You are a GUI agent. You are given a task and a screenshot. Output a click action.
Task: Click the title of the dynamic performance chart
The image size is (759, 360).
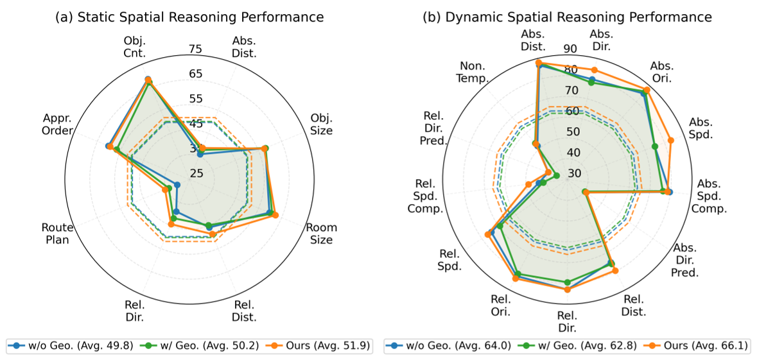tap(567, 17)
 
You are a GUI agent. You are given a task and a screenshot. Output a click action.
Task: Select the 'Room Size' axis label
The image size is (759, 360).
tap(321, 234)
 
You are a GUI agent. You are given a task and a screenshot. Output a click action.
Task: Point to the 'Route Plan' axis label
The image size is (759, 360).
tap(58, 234)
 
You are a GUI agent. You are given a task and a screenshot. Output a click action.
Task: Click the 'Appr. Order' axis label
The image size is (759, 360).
tap(57, 124)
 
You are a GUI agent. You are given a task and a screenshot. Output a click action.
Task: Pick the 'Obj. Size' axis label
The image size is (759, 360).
tap(321, 124)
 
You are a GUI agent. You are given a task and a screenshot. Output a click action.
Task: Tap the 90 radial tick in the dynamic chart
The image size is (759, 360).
tap(570, 49)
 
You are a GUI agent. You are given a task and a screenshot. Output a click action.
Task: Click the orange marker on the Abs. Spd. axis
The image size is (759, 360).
tap(670, 140)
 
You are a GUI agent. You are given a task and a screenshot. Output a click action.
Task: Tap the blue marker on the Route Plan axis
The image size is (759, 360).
tap(177, 185)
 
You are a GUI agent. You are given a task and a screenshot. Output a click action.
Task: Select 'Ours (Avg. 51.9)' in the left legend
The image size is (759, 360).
tap(329, 346)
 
